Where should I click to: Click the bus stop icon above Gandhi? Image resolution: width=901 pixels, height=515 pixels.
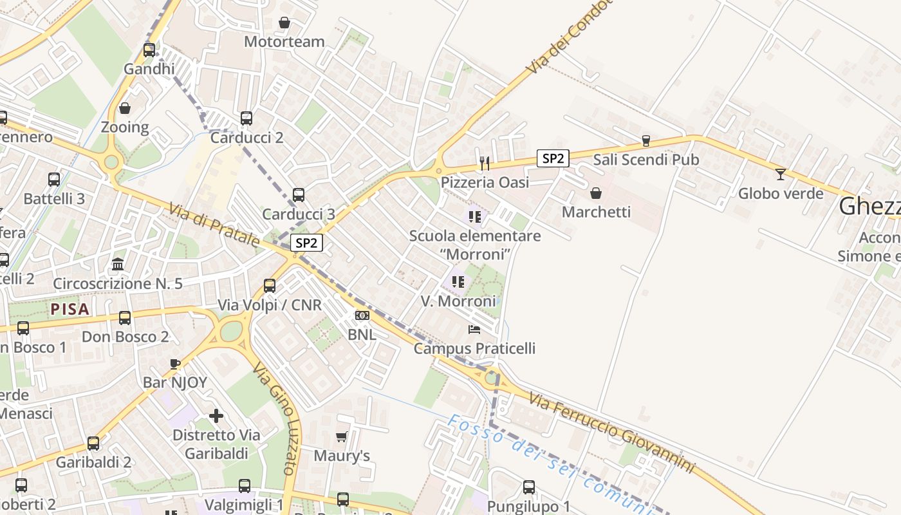[x=149, y=50]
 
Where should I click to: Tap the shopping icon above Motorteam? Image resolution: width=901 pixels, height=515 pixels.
[x=284, y=23]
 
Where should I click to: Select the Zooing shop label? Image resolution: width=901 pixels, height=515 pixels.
[x=125, y=127]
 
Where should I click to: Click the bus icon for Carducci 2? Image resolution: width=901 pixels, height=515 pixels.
[x=246, y=118]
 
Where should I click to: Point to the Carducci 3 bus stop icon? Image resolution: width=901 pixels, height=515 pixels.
[x=299, y=194]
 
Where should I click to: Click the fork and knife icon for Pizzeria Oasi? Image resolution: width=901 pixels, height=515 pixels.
[x=485, y=163]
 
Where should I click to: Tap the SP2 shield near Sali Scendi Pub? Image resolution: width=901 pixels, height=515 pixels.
[x=553, y=158]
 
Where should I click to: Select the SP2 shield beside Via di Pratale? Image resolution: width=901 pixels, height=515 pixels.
[x=306, y=243]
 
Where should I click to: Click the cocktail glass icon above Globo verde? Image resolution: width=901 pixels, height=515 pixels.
[x=781, y=174]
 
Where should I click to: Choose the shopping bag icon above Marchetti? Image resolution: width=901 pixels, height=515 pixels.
[x=596, y=192]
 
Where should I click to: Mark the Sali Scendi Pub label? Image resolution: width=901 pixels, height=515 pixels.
[x=646, y=160]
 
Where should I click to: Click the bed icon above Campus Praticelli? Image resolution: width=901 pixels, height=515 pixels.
[x=474, y=330]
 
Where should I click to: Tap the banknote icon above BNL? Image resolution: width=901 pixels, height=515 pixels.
[x=362, y=315]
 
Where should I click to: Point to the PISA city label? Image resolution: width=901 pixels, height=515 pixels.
[x=70, y=309]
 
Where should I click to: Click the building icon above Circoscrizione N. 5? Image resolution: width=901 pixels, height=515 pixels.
[x=118, y=264]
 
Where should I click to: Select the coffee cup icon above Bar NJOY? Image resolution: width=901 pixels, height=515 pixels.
[x=175, y=364]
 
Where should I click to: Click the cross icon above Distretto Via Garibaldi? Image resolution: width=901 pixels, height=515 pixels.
[x=216, y=416]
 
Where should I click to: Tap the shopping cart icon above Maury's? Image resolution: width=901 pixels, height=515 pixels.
[x=341, y=436]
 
